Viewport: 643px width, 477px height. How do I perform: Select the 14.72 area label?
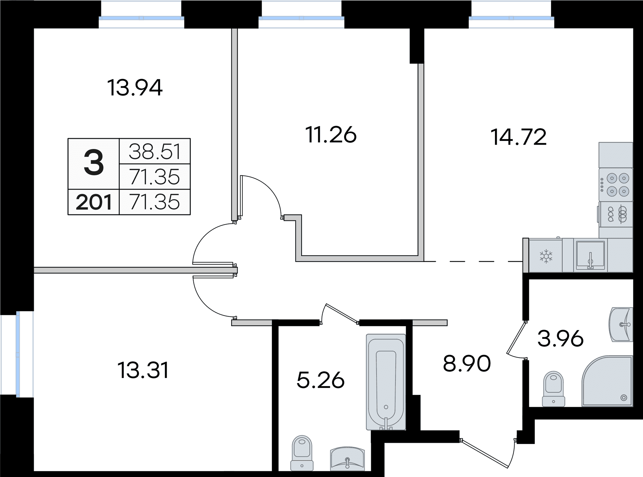(x=518, y=137)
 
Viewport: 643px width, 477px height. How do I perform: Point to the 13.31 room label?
(x=143, y=370)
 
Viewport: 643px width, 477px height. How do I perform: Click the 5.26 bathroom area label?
(x=321, y=380)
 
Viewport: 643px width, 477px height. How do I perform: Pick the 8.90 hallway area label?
(x=467, y=363)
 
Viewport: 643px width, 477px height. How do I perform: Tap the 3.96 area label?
(x=561, y=339)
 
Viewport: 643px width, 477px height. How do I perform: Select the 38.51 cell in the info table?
(x=155, y=151)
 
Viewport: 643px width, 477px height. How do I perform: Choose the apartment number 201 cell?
(x=94, y=202)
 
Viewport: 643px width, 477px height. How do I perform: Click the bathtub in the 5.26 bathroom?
(x=386, y=382)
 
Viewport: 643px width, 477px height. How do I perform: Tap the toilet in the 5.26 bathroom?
(x=302, y=453)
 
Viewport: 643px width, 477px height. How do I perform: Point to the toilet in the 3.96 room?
(x=553, y=389)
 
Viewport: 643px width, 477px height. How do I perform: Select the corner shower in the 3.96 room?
(x=607, y=381)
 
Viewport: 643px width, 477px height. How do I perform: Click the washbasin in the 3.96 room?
(x=621, y=325)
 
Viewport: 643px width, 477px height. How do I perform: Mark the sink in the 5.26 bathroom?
(x=347, y=459)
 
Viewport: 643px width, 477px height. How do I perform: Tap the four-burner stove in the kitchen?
(x=616, y=185)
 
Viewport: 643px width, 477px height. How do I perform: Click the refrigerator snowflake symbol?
(x=546, y=256)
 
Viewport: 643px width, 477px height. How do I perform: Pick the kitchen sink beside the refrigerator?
(x=590, y=255)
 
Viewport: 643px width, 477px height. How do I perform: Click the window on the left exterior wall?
(x=17, y=354)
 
